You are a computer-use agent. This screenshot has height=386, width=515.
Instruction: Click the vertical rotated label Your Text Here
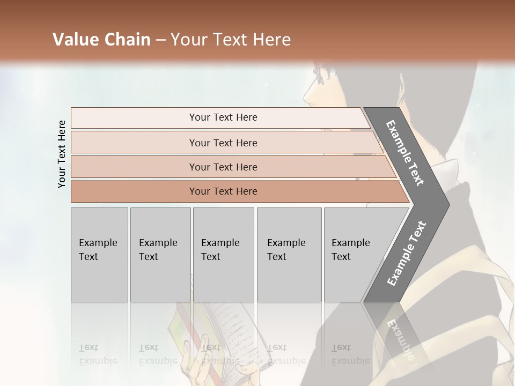tap(62, 154)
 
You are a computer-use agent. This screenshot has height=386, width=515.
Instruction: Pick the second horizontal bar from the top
tap(223, 143)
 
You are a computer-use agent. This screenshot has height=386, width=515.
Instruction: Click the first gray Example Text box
tap(99, 255)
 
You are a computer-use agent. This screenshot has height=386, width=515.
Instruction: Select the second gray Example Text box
tap(160, 255)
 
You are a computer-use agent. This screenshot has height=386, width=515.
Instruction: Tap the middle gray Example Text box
tap(223, 255)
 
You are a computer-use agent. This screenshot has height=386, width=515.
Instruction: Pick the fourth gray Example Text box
tap(289, 255)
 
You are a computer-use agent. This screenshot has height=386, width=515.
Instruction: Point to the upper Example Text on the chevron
tap(406, 152)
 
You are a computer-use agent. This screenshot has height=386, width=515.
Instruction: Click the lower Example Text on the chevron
tap(407, 253)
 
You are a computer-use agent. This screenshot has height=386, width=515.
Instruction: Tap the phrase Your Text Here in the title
tap(231, 40)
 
